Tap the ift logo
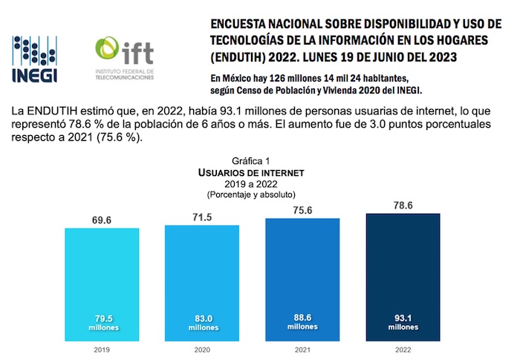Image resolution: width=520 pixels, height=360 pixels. pos(125,58)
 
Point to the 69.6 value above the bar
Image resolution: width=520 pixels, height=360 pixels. pos(103,220)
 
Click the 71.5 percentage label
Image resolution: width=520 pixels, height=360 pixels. pos(203,216)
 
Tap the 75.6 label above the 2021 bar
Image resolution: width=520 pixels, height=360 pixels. pos(303,211)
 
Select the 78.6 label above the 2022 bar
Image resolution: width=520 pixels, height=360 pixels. pos(403,205)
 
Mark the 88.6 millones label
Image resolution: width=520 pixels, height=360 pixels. pos(302,321)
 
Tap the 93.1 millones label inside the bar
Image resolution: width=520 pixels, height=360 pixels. pos(403,321)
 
